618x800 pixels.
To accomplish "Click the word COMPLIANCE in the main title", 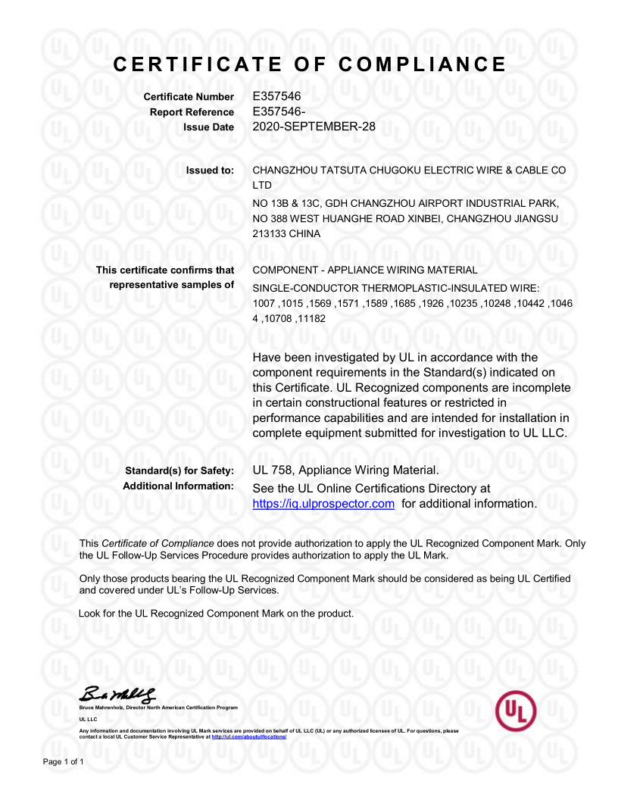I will pos(422,64).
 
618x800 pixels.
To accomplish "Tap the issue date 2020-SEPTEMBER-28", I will pos(314,127).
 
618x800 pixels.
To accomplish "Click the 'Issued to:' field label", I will pos(210,170).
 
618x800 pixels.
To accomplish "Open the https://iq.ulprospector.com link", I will pos(323,504).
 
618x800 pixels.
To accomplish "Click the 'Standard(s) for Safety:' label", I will pos(179,471).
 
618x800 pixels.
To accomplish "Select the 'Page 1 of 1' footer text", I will pos(63,761).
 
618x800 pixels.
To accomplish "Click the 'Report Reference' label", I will pos(192,112).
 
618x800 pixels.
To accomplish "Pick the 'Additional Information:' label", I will pos(178,486).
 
